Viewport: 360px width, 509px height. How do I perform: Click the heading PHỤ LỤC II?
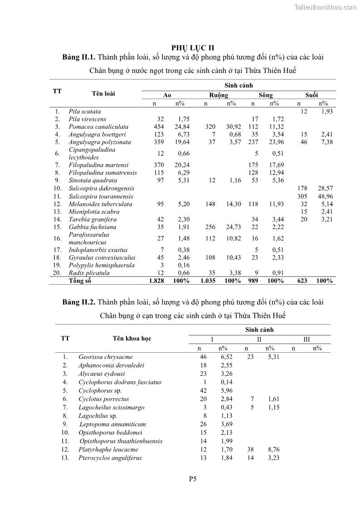[193, 48]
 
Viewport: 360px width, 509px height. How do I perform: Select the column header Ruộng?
[219, 95]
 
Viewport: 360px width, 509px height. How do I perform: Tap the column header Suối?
[311, 95]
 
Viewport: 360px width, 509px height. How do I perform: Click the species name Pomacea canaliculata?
[98, 127]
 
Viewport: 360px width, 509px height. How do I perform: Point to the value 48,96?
[325, 196]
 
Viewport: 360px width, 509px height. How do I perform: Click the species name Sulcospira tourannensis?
[101, 196]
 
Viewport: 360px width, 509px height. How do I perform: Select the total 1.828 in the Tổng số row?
[156, 281]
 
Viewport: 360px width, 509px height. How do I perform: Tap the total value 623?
[302, 281]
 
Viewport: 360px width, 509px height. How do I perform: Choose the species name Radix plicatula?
[89, 273]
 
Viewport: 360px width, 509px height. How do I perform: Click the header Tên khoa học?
[132, 339]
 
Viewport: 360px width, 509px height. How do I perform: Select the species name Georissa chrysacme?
[105, 357]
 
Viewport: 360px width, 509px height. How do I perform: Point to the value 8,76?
[270, 450]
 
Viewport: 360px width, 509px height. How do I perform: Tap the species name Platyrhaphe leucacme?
[108, 450]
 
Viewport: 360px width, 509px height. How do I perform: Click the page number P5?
[193, 478]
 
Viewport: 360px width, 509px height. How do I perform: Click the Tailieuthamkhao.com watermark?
[325, 7]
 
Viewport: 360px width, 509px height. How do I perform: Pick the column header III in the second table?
[306, 339]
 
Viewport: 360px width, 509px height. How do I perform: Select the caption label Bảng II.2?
[79, 302]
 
